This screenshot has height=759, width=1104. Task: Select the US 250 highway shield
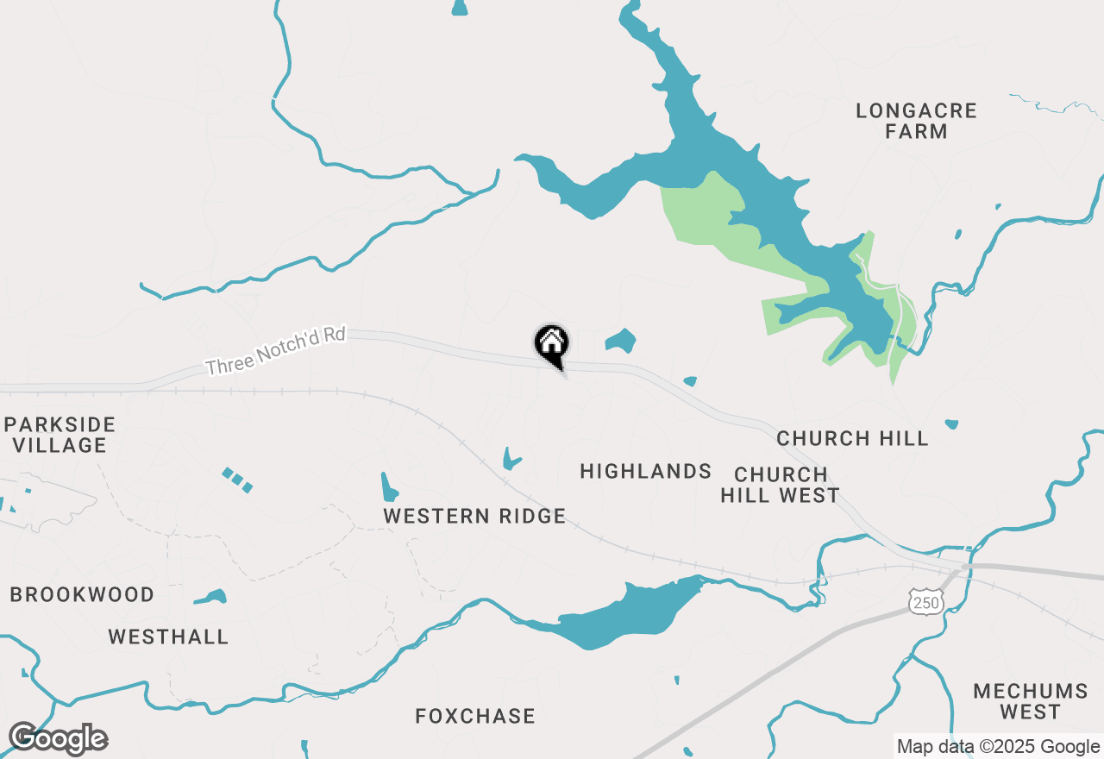(x=926, y=602)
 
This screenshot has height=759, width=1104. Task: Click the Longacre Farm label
(x=916, y=121)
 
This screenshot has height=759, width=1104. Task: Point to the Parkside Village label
(x=59, y=435)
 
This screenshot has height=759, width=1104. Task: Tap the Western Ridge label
(x=474, y=516)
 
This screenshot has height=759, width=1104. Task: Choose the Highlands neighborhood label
(x=645, y=471)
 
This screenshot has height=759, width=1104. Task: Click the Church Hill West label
(x=781, y=485)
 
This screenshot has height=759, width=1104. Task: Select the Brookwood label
(x=82, y=594)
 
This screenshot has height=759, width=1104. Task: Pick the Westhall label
(x=168, y=637)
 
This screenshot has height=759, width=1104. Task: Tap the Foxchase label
(x=475, y=716)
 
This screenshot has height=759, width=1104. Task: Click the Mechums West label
(x=1030, y=701)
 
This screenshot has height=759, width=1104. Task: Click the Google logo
(x=58, y=739)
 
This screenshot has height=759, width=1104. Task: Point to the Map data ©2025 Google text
(x=997, y=747)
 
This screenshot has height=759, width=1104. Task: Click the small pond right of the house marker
(x=620, y=340)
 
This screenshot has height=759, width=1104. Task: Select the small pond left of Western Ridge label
(x=389, y=488)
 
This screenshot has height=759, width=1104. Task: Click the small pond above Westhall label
(x=210, y=597)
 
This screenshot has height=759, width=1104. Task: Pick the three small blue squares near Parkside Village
(x=237, y=480)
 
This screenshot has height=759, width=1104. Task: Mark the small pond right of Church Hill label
(x=951, y=423)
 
